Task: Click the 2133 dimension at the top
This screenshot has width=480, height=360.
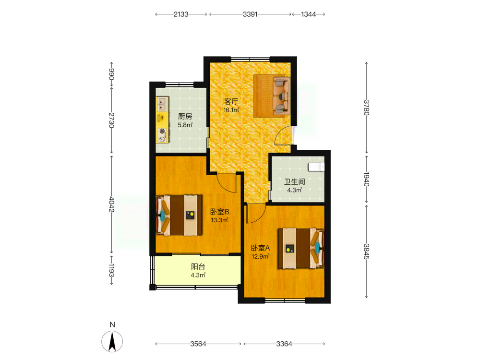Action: pyautogui.click(x=181, y=14)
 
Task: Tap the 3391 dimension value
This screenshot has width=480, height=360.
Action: pyautogui.click(x=250, y=14)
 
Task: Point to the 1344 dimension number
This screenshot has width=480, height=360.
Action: pyautogui.click(x=308, y=14)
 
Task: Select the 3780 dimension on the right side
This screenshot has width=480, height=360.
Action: pyautogui.click(x=366, y=108)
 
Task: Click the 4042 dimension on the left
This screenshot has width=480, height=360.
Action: pyautogui.click(x=112, y=204)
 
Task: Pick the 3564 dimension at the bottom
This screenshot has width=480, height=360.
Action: pyautogui.click(x=198, y=344)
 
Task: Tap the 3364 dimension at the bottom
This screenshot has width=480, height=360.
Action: pyautogui.click(x=284, y=344)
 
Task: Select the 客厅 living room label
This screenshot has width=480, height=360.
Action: pyautogui.click(x=231, y=101)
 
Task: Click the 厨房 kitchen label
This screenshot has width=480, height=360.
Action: pyautogui.click(x=185, y=116)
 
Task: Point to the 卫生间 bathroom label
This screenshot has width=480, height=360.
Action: pyautogui.click(x=295, y=182)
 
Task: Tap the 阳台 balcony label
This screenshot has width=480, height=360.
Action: pyautogui.click(x=198, y=266)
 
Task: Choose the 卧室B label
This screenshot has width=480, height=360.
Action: pyautogui.click(x=220, y=212)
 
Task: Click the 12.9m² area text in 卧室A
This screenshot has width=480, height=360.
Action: pyautogui.click(x=261, y=256)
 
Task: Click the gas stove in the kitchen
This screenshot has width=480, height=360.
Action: pyautogui.click(x=162, y=135)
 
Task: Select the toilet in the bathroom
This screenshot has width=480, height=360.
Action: pyautogui.click(x=316, y=167)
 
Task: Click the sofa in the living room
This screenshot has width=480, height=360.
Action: pyautogui.click(x=281, y=96)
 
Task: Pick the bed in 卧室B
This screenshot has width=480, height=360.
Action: pyautogui.click(x=179, y=216)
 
